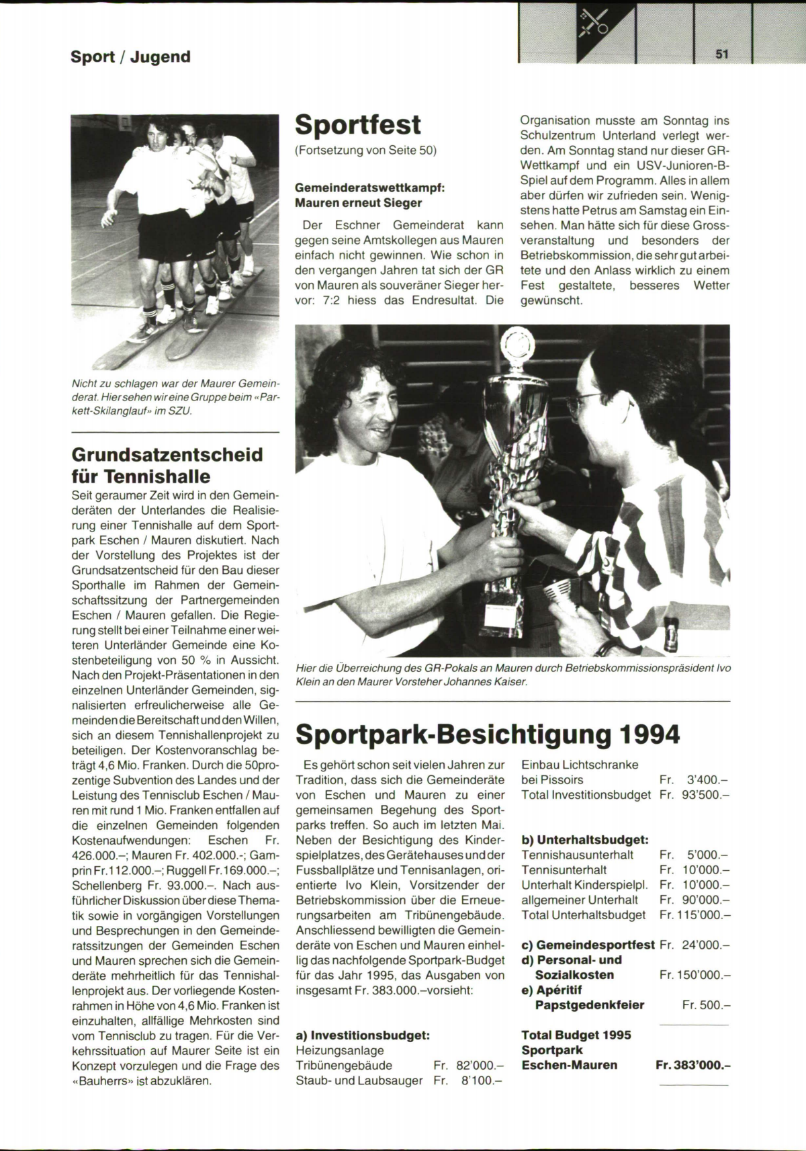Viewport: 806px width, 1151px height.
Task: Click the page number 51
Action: (722, 54)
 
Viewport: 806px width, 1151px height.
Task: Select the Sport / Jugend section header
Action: (130, 56)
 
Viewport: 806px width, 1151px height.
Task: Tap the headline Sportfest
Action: (358, 125)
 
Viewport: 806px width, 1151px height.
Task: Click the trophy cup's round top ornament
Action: (518, 344)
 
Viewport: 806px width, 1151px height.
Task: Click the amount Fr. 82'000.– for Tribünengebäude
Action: (469, 1065)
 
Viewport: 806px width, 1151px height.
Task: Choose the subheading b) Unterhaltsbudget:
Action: (584, 840)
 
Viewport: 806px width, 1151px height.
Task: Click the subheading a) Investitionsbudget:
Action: (363, 1035)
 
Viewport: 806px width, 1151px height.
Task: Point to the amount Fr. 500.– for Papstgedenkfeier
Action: (706, 1005)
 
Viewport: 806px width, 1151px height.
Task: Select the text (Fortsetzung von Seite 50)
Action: (366, 151)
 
